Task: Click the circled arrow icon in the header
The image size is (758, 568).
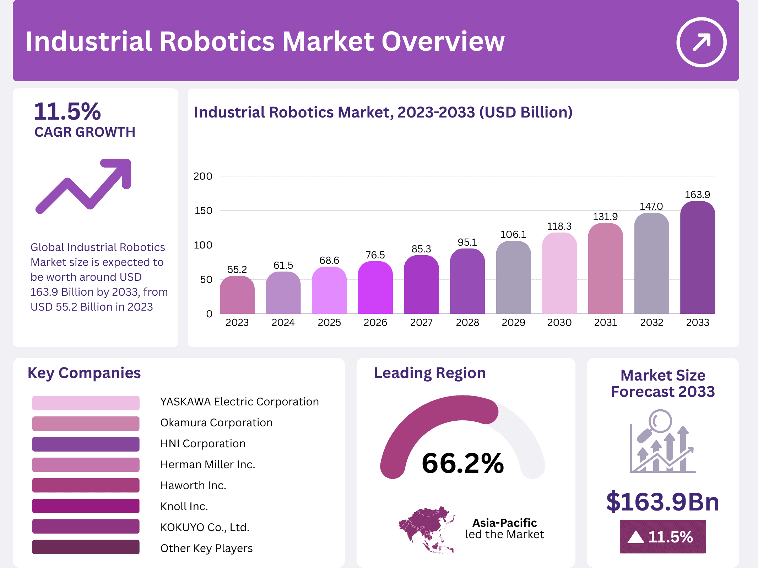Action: [x=701, y=42]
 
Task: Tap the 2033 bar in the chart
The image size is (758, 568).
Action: [x=697, y=257]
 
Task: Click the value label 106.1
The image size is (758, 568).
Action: [x=513, y=234]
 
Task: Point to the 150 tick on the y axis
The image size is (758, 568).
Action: [x=203, y=211]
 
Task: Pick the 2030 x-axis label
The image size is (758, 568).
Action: [x=559, y=322]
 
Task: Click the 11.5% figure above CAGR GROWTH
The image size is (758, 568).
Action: [x=67, y=111]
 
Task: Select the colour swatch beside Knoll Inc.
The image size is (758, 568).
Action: [x=86, y=506]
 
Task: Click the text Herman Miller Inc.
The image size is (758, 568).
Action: [x=208, y=464]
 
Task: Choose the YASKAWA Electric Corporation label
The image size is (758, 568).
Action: [x=239, y=402]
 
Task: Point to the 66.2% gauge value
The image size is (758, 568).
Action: [x=462, y=463]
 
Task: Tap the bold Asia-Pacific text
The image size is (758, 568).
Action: [x=504, y=523]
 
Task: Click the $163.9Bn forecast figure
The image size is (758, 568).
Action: [x=662, y=502]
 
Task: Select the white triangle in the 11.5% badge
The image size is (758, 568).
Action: [x=635, y=537]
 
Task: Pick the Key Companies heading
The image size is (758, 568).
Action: [x=84, y=373]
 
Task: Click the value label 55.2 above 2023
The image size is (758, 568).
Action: [x=237, y=269]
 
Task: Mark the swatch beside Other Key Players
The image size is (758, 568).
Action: [x=86, y=547]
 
